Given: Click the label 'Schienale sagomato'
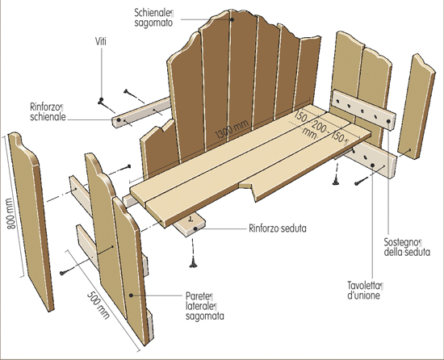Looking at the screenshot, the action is (153, 18).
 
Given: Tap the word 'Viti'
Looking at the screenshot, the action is (101, 42).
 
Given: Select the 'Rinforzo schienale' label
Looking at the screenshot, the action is (48, 112).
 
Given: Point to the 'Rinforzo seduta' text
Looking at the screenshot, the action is (278, 228).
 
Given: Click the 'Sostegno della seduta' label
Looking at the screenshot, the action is (407, 247).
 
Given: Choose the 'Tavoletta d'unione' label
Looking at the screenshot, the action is (365, 290).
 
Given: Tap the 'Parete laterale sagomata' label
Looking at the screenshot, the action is (204, 306).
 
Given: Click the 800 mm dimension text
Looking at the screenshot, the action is (10, 214).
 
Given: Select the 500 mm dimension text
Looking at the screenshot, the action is (98, 305).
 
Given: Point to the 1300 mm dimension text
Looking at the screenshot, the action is (232, 129).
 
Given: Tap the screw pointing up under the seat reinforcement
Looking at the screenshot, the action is (194, 262).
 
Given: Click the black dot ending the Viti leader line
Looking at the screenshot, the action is (101, 99).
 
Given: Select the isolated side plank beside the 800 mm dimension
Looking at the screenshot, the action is (31, 220).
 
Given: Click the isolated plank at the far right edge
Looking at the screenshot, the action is (417, 106).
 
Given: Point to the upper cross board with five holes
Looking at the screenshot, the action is (363, 110).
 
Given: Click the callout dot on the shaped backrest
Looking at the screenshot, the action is (232, 19).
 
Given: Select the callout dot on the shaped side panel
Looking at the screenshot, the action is (131, 295).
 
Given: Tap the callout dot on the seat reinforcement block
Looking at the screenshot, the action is (195, 228).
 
